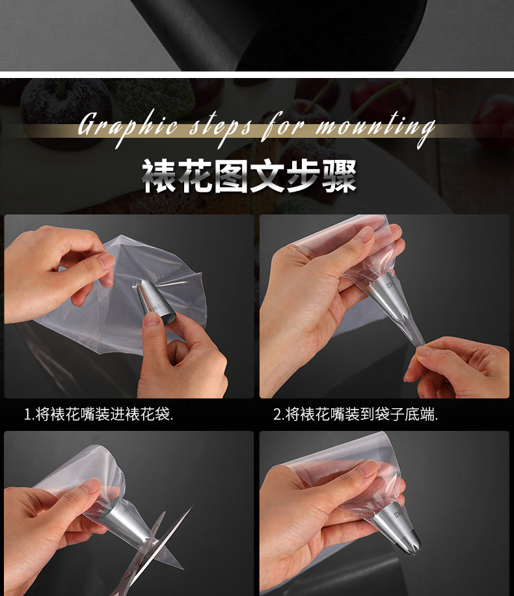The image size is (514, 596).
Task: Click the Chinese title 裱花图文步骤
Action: coord(249,175)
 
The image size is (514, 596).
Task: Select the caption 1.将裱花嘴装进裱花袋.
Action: coord(99,414)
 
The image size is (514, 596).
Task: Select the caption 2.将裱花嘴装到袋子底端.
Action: coord(355,414)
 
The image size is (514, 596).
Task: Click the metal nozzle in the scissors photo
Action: coord(120,520)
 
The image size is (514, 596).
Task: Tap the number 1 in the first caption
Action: coord(27,414)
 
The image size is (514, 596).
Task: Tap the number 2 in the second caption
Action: coord(277,414)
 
